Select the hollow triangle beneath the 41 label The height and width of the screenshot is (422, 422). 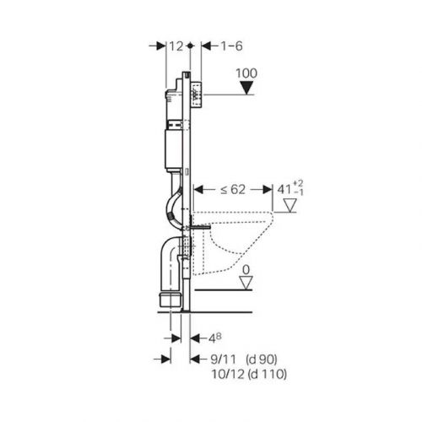click(x=290, y=206)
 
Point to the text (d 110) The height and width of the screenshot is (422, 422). click(x=268, y=374)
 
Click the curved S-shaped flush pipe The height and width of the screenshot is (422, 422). click(x=173, y=207)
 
